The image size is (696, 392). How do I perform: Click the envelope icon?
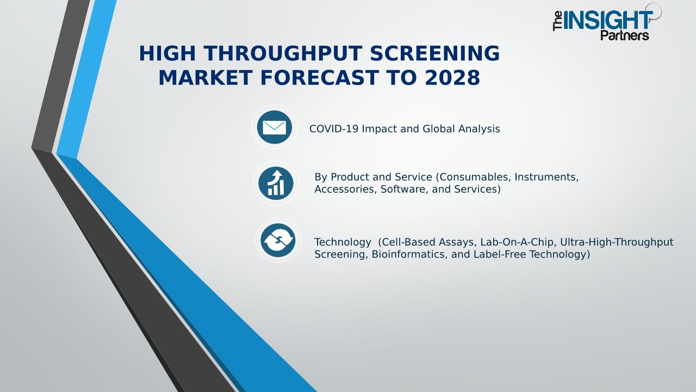point(275,127)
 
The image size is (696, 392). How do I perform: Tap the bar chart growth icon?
point(276,183)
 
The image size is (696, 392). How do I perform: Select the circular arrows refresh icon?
point(278,240)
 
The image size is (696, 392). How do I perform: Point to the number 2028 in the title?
point(452,78)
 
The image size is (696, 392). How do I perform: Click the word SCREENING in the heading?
point(434,53)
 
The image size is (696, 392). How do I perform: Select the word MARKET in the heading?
point(206,78)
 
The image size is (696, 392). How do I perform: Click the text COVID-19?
point(334,129)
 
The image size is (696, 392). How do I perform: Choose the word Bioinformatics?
point(410,254)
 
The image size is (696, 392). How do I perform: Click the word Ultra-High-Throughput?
point(617,242)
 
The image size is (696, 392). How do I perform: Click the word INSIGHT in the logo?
point(607,20)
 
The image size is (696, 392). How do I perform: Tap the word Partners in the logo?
point(625,35)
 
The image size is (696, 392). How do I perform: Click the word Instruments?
point(546,177)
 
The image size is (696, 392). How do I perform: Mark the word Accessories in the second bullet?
point(346,189)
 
